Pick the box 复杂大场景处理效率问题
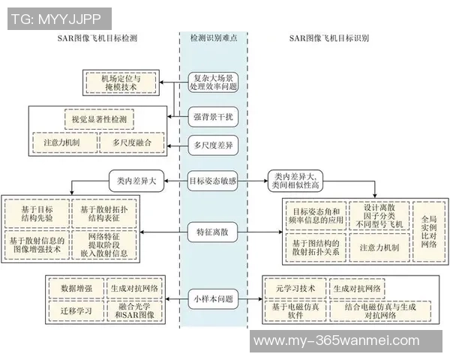point(214,82)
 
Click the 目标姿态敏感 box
point(214,180)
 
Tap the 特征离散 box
point(214,233)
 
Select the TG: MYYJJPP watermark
point(56,17)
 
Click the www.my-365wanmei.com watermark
point(337,341)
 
